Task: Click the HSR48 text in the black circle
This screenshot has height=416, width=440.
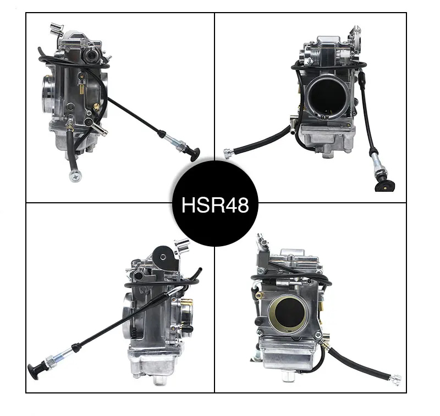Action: click(215, 204)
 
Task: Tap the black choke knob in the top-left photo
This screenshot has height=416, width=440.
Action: click(195, 155)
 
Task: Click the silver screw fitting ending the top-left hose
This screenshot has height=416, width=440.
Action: click(75, 175)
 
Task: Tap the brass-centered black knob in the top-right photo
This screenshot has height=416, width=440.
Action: click(385, 185)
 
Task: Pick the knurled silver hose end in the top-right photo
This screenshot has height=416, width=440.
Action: click(228, 154)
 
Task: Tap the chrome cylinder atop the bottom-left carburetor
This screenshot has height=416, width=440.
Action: click(182, 246)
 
